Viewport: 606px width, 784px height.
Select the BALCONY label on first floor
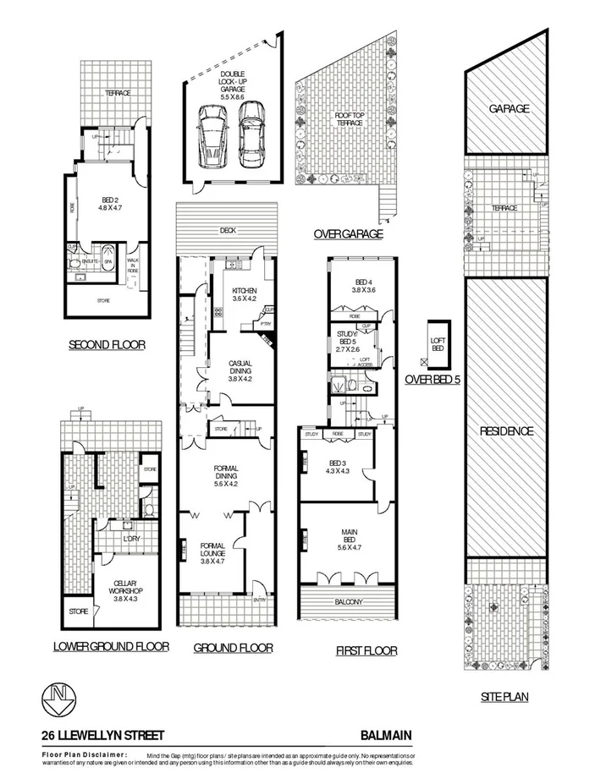point(348,602)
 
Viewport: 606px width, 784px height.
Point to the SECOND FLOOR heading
point(106,344)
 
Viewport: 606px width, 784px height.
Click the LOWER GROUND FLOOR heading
point(110,646)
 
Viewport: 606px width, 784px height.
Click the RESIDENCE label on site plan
point(507,431)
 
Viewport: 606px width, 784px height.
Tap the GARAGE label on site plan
point(508,108)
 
